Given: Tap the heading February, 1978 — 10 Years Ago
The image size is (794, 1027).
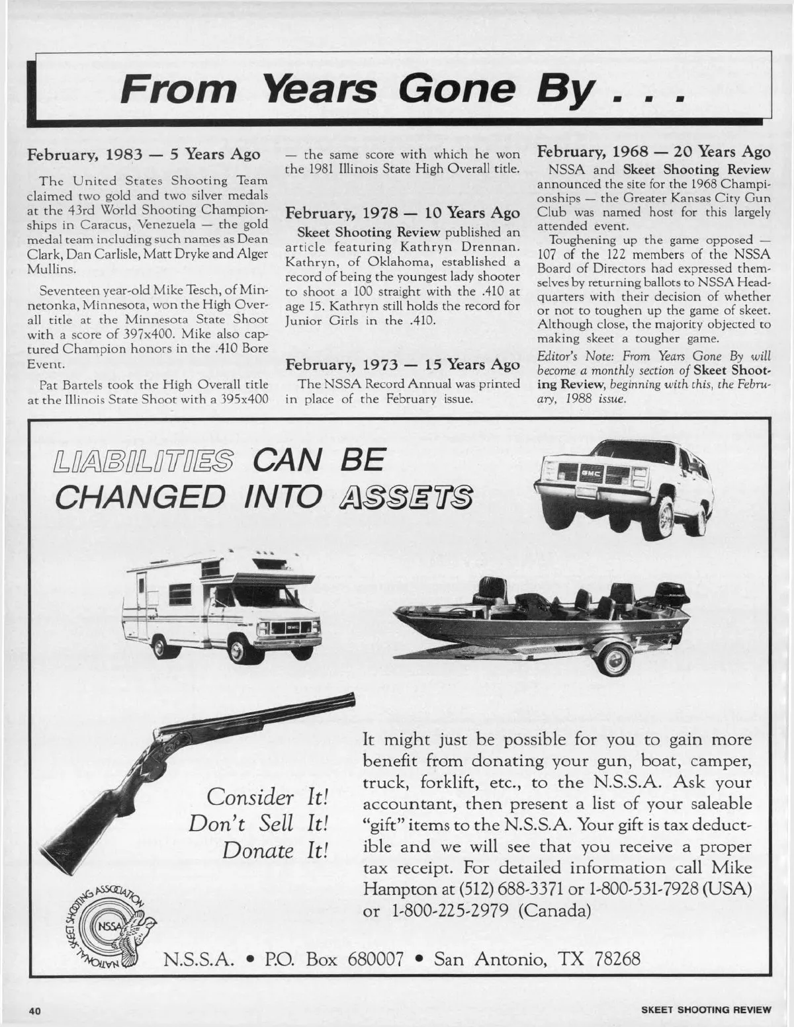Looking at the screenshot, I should coord(402,213).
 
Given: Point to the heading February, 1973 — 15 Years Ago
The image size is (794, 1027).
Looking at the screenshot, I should coord(402,364).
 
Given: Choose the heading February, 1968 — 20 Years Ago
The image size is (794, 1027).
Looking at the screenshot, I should coord(654,152).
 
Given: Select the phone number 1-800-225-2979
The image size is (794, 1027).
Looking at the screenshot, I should coord(449,910).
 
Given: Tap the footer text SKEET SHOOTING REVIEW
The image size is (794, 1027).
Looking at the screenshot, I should coord(706,1010).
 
